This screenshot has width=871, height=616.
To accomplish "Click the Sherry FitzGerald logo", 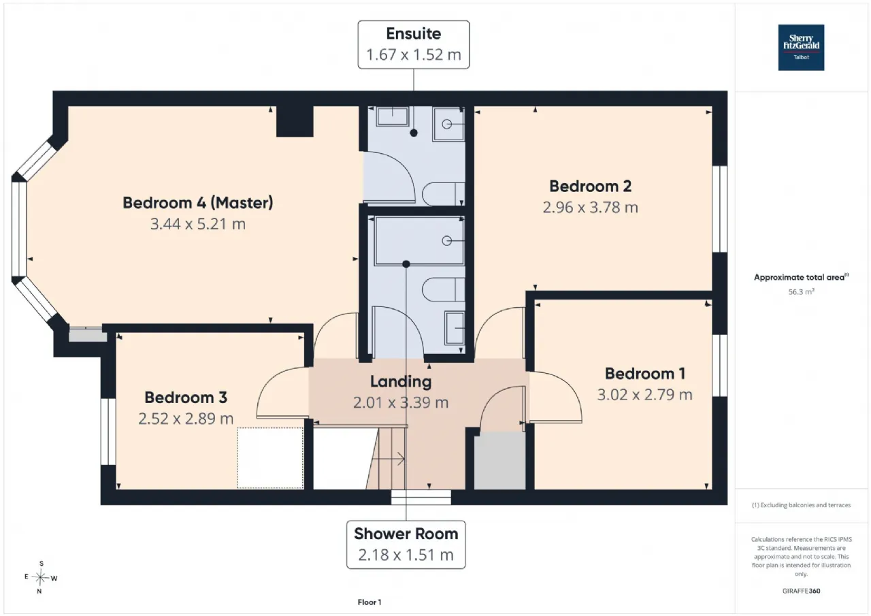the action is (x=801, y=48).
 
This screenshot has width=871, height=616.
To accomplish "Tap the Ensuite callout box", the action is (x=413, y=45).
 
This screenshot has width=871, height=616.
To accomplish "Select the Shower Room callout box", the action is (x=406, y=545).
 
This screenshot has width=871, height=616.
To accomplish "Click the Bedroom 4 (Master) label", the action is (x=198, y=203).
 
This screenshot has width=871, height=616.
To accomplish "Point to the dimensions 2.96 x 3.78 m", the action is (x=590, y=208).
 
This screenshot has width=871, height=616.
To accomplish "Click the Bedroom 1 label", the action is (x=644, y=373).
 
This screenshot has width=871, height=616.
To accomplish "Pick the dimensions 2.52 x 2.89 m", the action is (x=186, y=419).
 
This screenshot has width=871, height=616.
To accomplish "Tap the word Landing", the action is (x=401, y=381).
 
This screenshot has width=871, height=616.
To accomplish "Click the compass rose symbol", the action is (x=40, y=577).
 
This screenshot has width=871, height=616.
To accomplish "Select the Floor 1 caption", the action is (x=369, y=602).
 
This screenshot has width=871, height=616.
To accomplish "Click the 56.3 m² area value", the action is (x=801, y=292).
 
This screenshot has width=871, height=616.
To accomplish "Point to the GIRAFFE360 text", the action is (x=801, y=591).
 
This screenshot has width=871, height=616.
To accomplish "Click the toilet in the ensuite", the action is (x=443, y=193).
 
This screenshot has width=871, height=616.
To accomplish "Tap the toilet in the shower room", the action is (x=443, y=289).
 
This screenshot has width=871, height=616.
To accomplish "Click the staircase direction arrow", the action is (x=388, y=459).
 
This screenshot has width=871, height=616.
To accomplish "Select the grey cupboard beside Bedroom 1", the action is (x=499, y=460).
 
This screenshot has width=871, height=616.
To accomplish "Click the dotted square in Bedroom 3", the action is (x=270, y=457).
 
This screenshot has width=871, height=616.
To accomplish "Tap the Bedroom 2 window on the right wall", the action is (x=720, y=209).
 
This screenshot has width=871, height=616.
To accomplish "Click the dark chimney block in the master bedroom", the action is (x=295, y=121).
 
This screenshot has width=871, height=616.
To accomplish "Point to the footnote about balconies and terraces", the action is (x=801, y=505).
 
